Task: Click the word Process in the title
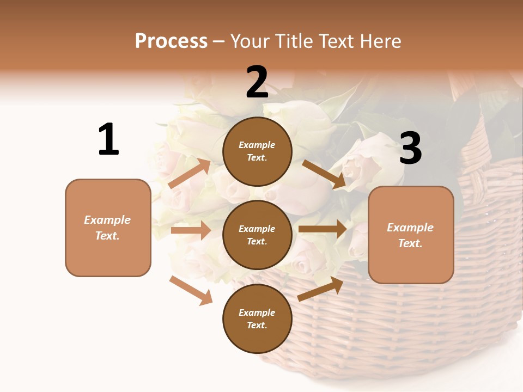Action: click(171, 41)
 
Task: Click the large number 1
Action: click(108, 140)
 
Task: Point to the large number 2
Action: click(257, 83)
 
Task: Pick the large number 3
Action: click(410, 148)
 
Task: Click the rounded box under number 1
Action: click(108, 228)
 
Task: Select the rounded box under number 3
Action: click(411, 235)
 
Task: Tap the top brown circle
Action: click(257, 151)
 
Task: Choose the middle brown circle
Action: click(257, 235)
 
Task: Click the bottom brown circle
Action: click(257, 318)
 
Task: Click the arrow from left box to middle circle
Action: click(191, 230)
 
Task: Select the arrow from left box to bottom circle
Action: click(191, 290)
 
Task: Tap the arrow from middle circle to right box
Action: click(323, 229)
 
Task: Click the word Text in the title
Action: click(336, 41)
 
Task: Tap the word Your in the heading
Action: click(251, 41)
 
